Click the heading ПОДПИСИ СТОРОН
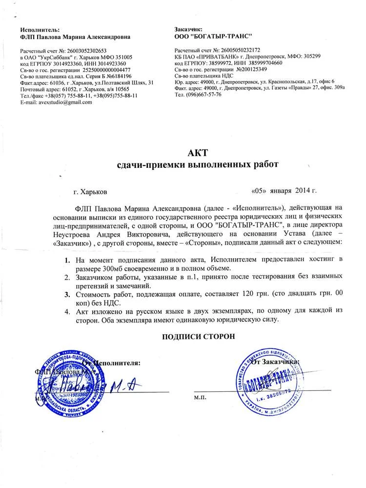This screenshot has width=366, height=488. (199, 336)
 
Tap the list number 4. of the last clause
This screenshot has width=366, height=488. (68, 311)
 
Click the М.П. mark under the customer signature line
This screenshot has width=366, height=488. (200, 398)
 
